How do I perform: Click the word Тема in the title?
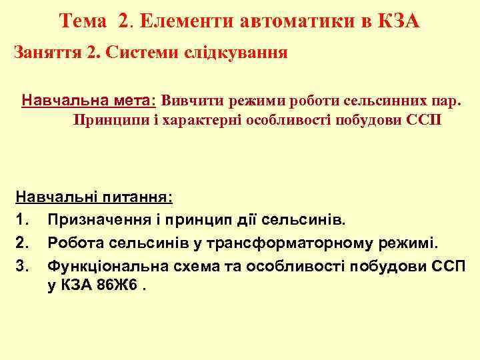(82, 22)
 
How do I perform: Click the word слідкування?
(239, 53)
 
